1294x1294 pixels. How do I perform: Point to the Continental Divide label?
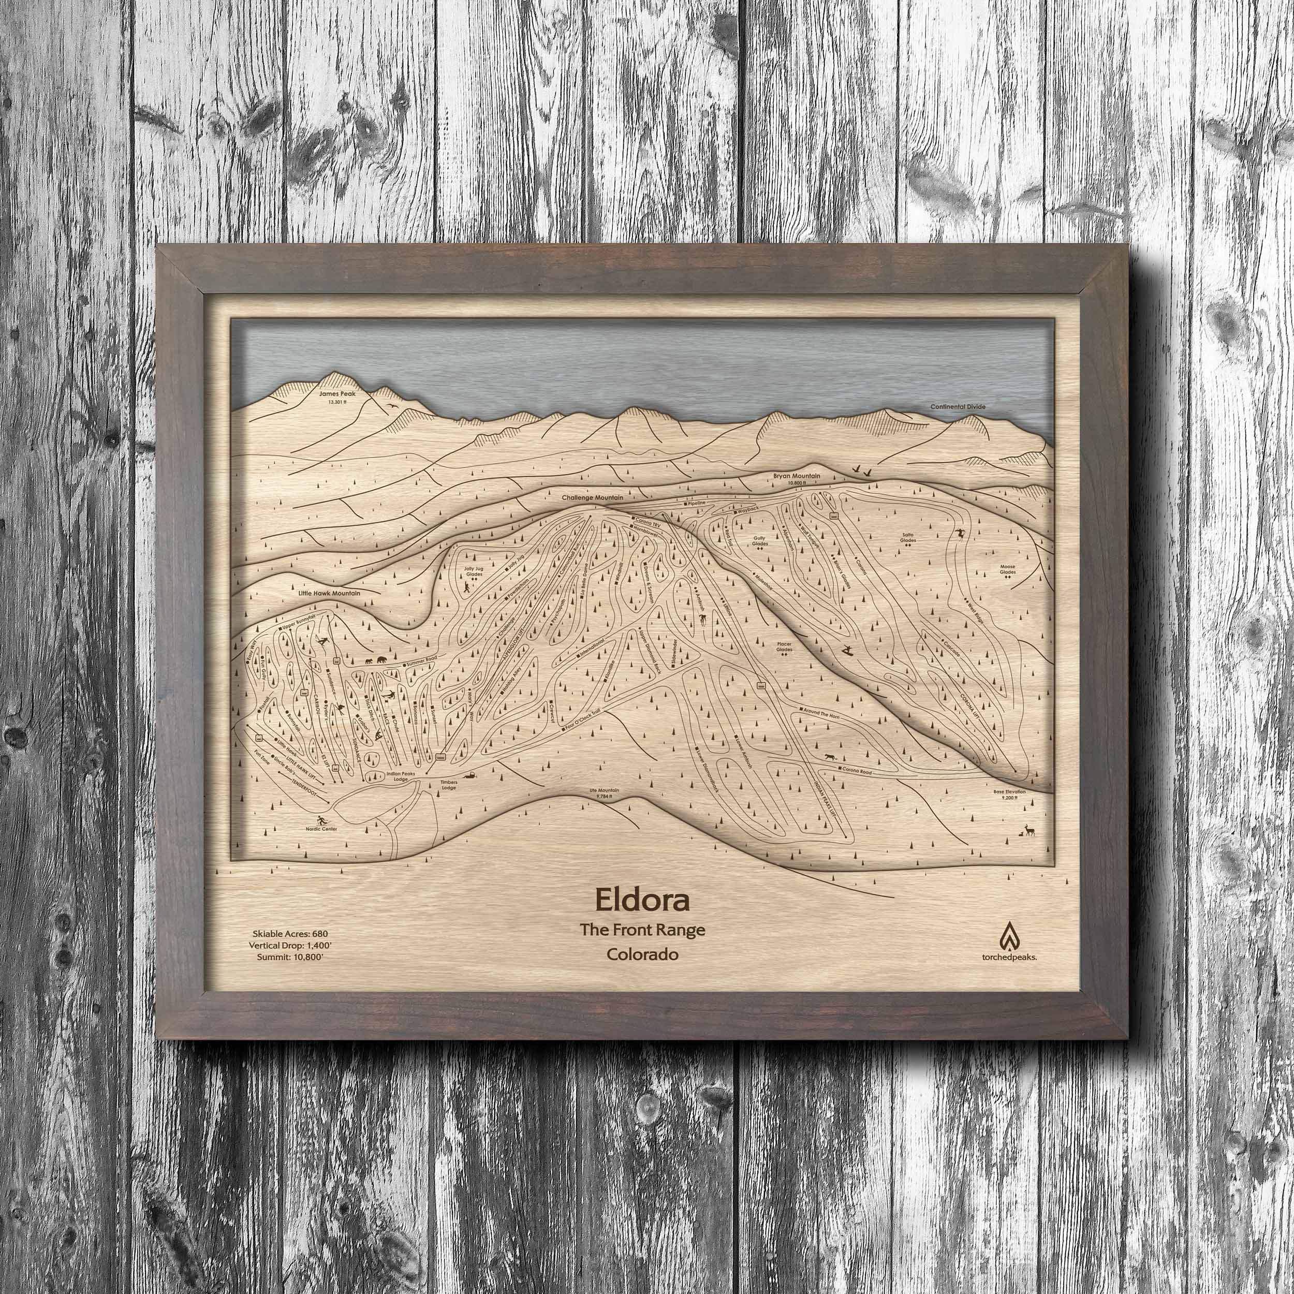pos(958,406)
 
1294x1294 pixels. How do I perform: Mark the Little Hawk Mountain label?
pos(330,593)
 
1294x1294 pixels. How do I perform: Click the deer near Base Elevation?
pos(1030,831)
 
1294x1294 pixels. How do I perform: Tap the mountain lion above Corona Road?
pos(831,758)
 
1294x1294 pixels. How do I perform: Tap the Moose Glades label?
pos(1007,570)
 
